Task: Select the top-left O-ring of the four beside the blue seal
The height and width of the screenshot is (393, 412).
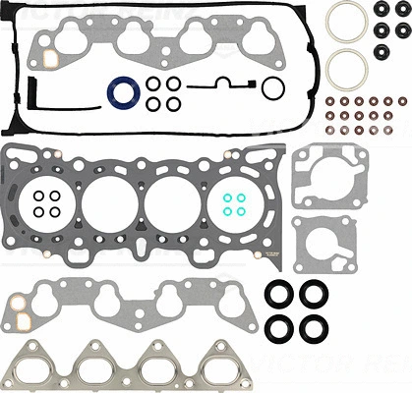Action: click(x=153, y=85)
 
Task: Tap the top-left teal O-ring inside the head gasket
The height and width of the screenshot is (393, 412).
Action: click(x=225, y=196)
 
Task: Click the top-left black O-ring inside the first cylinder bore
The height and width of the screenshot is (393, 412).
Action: click(x=38, y=196)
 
